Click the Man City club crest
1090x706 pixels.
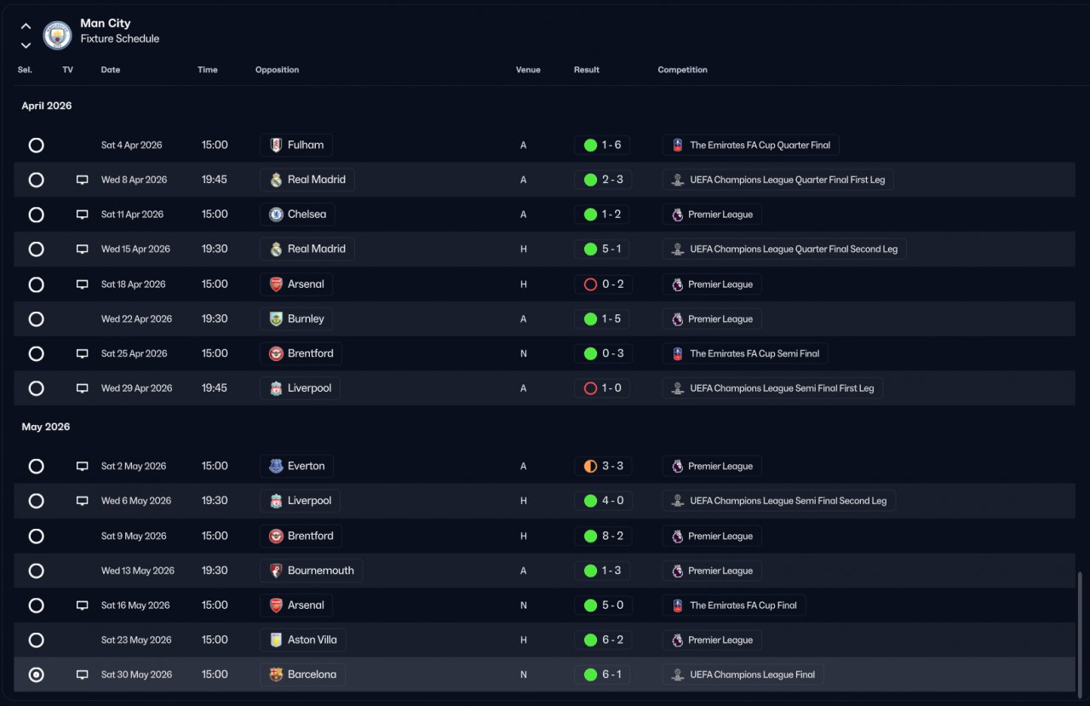(57, 35)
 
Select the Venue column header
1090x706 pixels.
(528, 70)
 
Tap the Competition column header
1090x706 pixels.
(682, 70)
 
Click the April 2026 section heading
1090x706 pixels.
(47, 106)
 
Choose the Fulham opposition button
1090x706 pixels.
(296, 145)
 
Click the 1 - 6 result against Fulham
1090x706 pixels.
(602, 145)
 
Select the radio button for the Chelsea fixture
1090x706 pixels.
(36, 215)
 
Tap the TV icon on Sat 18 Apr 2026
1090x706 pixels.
(83, 284)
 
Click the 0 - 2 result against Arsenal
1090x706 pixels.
(604, 284)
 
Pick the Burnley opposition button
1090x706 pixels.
(296, 319)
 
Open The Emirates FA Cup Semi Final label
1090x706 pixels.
(745, 353)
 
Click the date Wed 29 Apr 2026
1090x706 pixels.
(137, 388)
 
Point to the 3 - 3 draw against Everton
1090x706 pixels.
(604, 466)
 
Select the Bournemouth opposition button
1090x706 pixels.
(312, 571)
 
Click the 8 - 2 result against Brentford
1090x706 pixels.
(604, 536)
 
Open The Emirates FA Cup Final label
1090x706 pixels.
(734, 606)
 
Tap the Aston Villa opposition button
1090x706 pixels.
(303, 640)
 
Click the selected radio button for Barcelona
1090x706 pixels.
(36, 674)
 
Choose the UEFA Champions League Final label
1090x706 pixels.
(743, 674)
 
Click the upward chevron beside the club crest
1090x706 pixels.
(26, 26)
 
